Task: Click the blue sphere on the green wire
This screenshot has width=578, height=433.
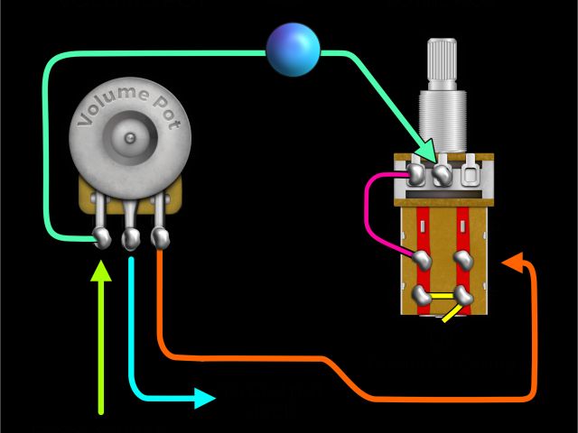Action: point(294,49)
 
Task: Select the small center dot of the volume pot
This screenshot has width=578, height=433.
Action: point(132,138)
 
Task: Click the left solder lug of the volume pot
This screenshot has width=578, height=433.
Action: point(101,238)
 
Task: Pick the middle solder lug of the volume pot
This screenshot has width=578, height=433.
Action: point(131,239)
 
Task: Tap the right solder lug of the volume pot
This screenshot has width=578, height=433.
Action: point(160,238)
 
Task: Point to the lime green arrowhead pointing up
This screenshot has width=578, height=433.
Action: point(101,271)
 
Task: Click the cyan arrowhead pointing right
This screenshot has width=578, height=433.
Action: point(205,397)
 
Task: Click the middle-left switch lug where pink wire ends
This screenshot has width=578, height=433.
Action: point(422,259)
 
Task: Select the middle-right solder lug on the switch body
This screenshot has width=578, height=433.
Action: point(464,259)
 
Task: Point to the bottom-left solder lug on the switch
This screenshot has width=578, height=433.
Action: point(422,294)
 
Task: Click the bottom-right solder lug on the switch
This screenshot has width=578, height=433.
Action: point(464,294)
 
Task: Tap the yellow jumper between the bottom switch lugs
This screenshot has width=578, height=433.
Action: point(443,295)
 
